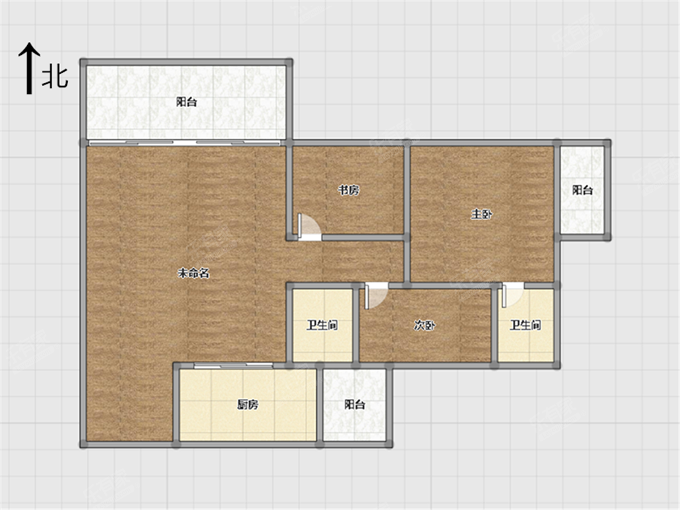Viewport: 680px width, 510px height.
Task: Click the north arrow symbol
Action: click(29, 68)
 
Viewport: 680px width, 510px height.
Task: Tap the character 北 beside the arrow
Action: click(55, 78)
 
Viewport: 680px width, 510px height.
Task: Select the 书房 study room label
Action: click(348, 190)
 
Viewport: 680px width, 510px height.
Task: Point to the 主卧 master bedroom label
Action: click(481, 214)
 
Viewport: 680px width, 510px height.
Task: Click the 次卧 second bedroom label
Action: click(424, 325)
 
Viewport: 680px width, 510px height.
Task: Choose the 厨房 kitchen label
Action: click(248, 405)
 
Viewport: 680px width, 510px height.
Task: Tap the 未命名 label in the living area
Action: click(193, 273)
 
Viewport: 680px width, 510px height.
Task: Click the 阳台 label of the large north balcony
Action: click(186, 102)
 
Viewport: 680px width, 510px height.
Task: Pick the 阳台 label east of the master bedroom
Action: click(583, 190)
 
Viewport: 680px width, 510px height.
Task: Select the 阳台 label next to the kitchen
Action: click(355, 405)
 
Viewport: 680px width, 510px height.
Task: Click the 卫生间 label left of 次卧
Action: click(322, 325)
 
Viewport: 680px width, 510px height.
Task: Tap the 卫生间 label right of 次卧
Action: click(525, 325)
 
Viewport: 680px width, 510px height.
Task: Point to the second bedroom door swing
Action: click(376, 296)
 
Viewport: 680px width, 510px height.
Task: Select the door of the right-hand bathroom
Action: click(513, 295)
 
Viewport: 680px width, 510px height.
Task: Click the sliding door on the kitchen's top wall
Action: click(233, 365)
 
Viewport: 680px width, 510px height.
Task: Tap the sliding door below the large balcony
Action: click(185, 143)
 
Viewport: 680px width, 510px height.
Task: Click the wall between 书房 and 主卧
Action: click(407, 190)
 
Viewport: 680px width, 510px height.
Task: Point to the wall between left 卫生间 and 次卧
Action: click(356, 325)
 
